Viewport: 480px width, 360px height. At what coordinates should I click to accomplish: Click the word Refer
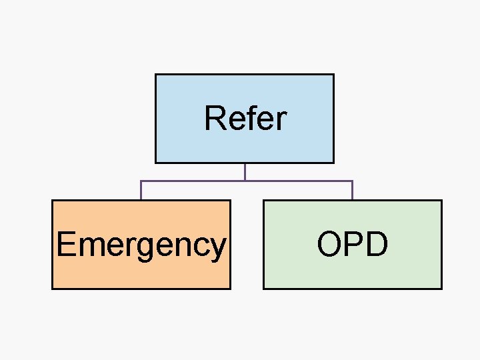pos(245,119)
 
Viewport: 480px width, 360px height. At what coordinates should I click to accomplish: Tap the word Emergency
pos(141,244)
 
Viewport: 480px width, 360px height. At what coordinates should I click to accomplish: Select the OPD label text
pos(352,244)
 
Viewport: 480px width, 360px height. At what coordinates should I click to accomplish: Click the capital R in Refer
pos(215,119)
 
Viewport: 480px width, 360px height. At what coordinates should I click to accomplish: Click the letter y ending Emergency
pos(218,247)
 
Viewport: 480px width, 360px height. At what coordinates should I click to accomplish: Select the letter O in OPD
pos(329,244)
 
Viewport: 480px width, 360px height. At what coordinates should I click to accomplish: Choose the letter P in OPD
pos(353,244)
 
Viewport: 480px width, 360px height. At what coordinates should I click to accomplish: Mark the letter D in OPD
pos(376,244)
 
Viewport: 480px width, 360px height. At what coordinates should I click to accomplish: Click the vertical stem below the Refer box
pos(245,171)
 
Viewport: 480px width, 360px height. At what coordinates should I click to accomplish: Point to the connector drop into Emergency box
pos(141,191)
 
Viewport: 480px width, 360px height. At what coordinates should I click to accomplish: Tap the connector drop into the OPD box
pos(352,191)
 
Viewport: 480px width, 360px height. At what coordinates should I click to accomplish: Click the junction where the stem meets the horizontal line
pos(245,181)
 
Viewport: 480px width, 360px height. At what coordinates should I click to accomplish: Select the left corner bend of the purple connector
pos(141,181)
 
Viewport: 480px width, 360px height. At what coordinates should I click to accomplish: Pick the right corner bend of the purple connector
pos(352,181)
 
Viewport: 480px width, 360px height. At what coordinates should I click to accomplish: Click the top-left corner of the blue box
pos(156,75)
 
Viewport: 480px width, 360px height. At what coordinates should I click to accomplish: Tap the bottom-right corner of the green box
pos(441,289)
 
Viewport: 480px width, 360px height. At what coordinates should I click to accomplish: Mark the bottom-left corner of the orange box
pos(53,289)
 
